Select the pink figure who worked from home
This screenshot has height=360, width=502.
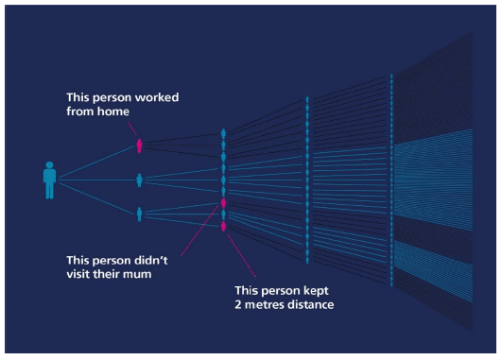[139, 146]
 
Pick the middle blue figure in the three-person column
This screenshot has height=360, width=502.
[139, 180]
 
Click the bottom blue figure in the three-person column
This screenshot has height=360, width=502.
[139, 214]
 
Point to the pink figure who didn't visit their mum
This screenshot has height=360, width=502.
[223, 203]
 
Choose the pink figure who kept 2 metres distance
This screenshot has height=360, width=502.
[223, 227]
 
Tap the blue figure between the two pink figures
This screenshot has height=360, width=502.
[223, 215]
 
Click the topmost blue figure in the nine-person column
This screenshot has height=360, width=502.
[223, 134]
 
